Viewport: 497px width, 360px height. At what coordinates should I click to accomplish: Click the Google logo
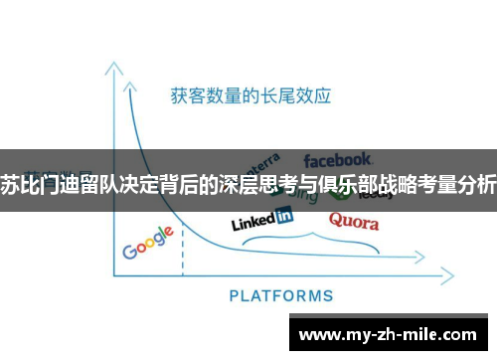[x=148, y=243]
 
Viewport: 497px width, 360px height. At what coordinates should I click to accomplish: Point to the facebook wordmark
[x=338, y=159]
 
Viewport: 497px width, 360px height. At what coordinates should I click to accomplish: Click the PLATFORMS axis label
[x=281, y=294]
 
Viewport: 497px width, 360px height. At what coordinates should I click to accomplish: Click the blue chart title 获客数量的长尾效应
[x=250, y=96]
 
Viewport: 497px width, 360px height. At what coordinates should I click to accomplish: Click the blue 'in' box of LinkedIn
[x=283, y=215]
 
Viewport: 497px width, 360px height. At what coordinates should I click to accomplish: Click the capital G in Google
[x=129, y=250]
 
